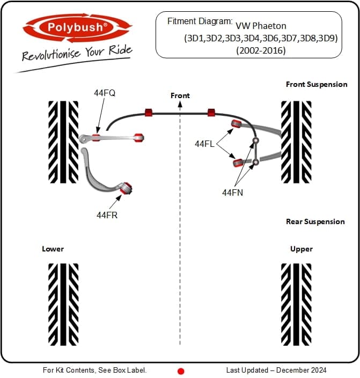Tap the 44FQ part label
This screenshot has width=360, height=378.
click(x=105, y=93)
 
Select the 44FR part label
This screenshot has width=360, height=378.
click(x=107, y=214)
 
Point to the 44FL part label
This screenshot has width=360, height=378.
click(x=205, y=144)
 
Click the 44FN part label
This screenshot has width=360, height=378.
click(x=233, y=191)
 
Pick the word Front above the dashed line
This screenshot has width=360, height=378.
click(x=180, y=95)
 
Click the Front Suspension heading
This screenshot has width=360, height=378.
click(x=317, y=84)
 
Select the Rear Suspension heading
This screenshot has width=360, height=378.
click(x=315, y=221)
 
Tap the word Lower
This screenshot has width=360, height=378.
click(x=53, y=249)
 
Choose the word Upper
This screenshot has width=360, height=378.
click(x=302, y=249)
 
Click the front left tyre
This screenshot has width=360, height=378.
click(x=63, y=142)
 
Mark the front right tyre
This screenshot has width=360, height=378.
click(x=297, y=142)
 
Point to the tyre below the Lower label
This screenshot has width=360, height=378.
click(x=63, y=304)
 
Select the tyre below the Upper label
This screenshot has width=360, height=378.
click(x=297, y=304)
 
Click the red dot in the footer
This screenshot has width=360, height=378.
click(x=181, y=370)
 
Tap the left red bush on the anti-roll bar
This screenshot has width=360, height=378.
click(x=149, y=112)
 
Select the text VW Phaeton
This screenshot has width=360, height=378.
click(x=261, y=25)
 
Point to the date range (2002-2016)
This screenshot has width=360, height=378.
click(x=261, y=50)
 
